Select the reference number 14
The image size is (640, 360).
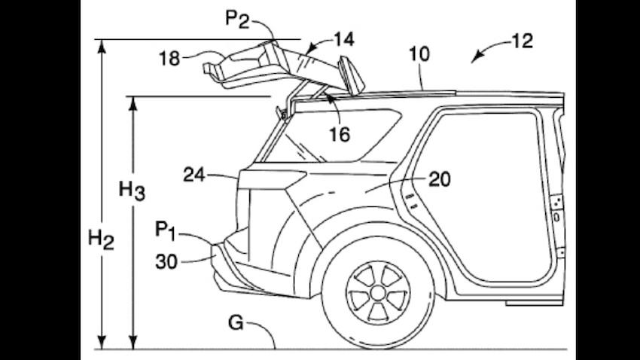[344, 37]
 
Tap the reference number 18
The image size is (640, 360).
[169, 57]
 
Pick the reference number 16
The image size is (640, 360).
[340, 134]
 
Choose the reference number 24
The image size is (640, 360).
[195, 175]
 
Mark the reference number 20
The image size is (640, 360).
[440, 178]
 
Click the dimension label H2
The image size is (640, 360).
[101, 239]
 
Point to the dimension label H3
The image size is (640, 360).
[132, 191]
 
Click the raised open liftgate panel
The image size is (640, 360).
[279, 64]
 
